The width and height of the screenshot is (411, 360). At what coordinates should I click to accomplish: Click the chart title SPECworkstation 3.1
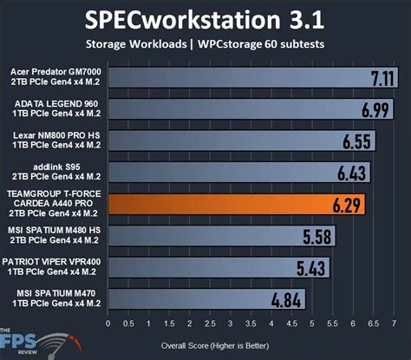coord(205,18)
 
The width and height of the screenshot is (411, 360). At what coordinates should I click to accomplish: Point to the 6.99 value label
coord(375,110)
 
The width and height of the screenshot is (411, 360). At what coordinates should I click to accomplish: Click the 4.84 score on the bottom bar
coord(288,300)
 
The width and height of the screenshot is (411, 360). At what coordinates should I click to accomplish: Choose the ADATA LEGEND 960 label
coord(54,110)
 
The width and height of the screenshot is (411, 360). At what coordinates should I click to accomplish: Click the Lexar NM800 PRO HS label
coord(54,141)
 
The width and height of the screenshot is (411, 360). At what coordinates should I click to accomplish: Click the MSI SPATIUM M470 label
coord(54,298)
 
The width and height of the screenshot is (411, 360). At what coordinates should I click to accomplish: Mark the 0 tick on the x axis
coord(108,325)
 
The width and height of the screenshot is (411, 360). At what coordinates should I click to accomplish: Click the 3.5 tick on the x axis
coord(238,325)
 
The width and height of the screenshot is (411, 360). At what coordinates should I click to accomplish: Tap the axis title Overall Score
coord(249,344)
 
